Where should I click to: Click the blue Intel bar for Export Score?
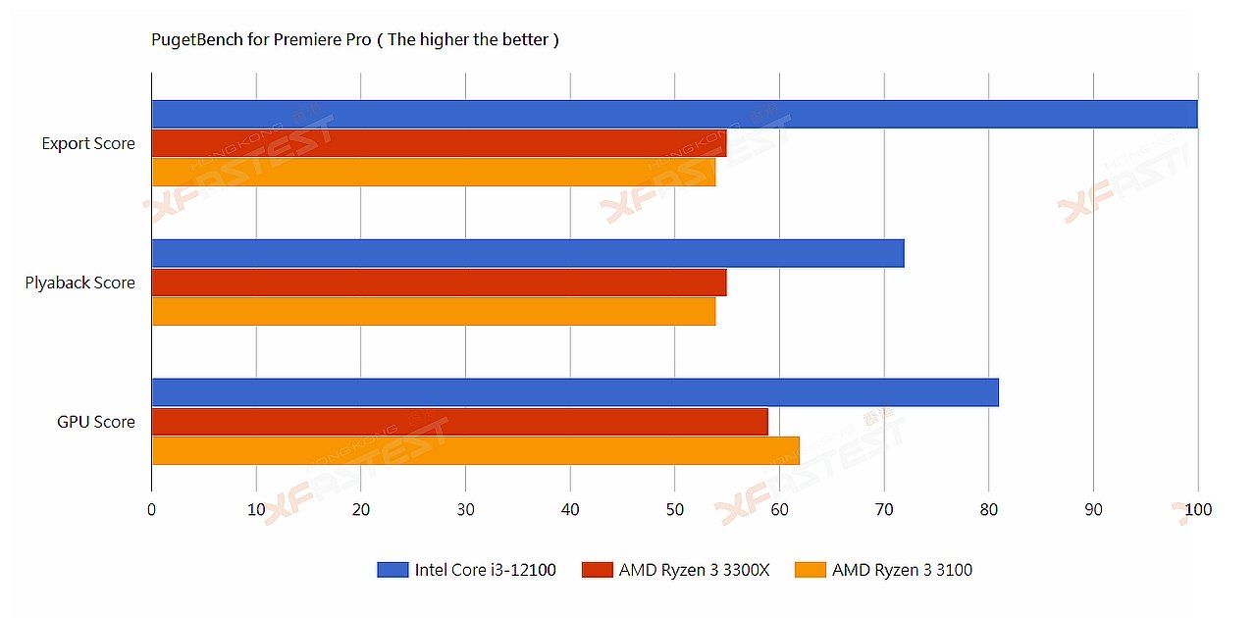point(674,114)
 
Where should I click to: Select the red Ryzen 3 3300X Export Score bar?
point(439,143)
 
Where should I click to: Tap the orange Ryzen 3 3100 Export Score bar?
point(433,173)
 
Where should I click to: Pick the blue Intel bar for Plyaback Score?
point(527,253)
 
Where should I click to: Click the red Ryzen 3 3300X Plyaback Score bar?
point(439,283)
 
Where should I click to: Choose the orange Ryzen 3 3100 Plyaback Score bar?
point(433,312)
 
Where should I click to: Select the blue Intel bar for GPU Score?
point(574,392)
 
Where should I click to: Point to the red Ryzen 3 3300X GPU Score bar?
point(459,422)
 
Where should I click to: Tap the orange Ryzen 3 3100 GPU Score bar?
point(475,451)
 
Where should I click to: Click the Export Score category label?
point(88,144)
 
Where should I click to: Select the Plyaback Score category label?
point(80,283)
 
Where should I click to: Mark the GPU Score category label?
point(96,423)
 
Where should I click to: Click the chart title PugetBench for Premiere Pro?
point(354,40)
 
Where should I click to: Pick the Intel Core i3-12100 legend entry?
point(466,570)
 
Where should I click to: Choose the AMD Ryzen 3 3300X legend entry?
point(676,570)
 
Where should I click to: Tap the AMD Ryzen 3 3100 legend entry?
point(883,570)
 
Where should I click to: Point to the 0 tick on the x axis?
point(151,510)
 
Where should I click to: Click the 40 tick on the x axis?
point(570,510)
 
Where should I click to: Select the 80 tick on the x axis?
point(988,510)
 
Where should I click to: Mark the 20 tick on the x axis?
point(361,510)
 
